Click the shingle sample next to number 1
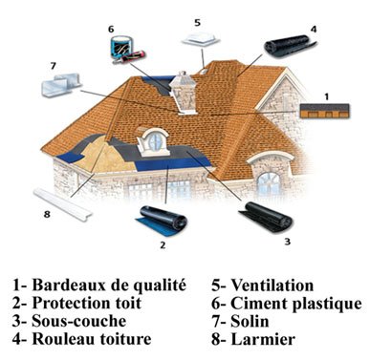tap(325, 111)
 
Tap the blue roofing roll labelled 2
tap(161, 221)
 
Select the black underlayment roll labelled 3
tap(265, 218)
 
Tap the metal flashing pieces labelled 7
tap(61, 85)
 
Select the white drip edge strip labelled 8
tap(63, 203)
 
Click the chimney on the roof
tap(183, 93)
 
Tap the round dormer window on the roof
tap(155, 142)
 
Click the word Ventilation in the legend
tap(272, 286)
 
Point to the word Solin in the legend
tap(250, 321)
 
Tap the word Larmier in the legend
tap(263, 339)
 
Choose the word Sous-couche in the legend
tap(79, 321)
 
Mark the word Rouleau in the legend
tap(64, 339)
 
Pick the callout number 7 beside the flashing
tap(53, 66)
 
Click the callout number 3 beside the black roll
tap(288, 242)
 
